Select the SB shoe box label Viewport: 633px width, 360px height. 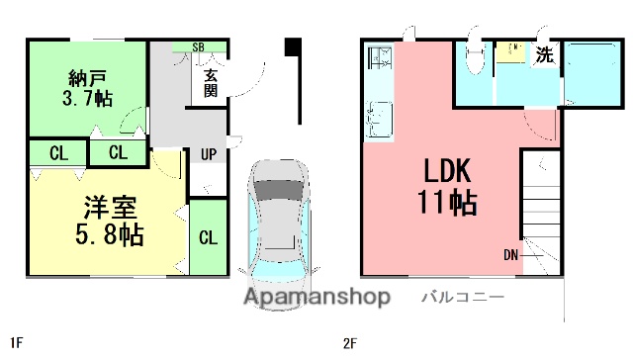click(x=199, y=46)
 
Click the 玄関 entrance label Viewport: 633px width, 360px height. click(x=211, y=82)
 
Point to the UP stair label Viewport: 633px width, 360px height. click(x=210, y=154)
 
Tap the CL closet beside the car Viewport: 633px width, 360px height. click(x=208, y=237)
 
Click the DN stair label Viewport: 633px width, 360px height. click(x=510, y=255)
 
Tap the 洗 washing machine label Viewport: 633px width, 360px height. click(x=544, y=56)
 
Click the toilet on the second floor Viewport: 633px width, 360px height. click(x=475, y=57)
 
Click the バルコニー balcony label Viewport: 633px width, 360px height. click(x=464, y=296)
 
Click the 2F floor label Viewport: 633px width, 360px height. click(x=348, y=344)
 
